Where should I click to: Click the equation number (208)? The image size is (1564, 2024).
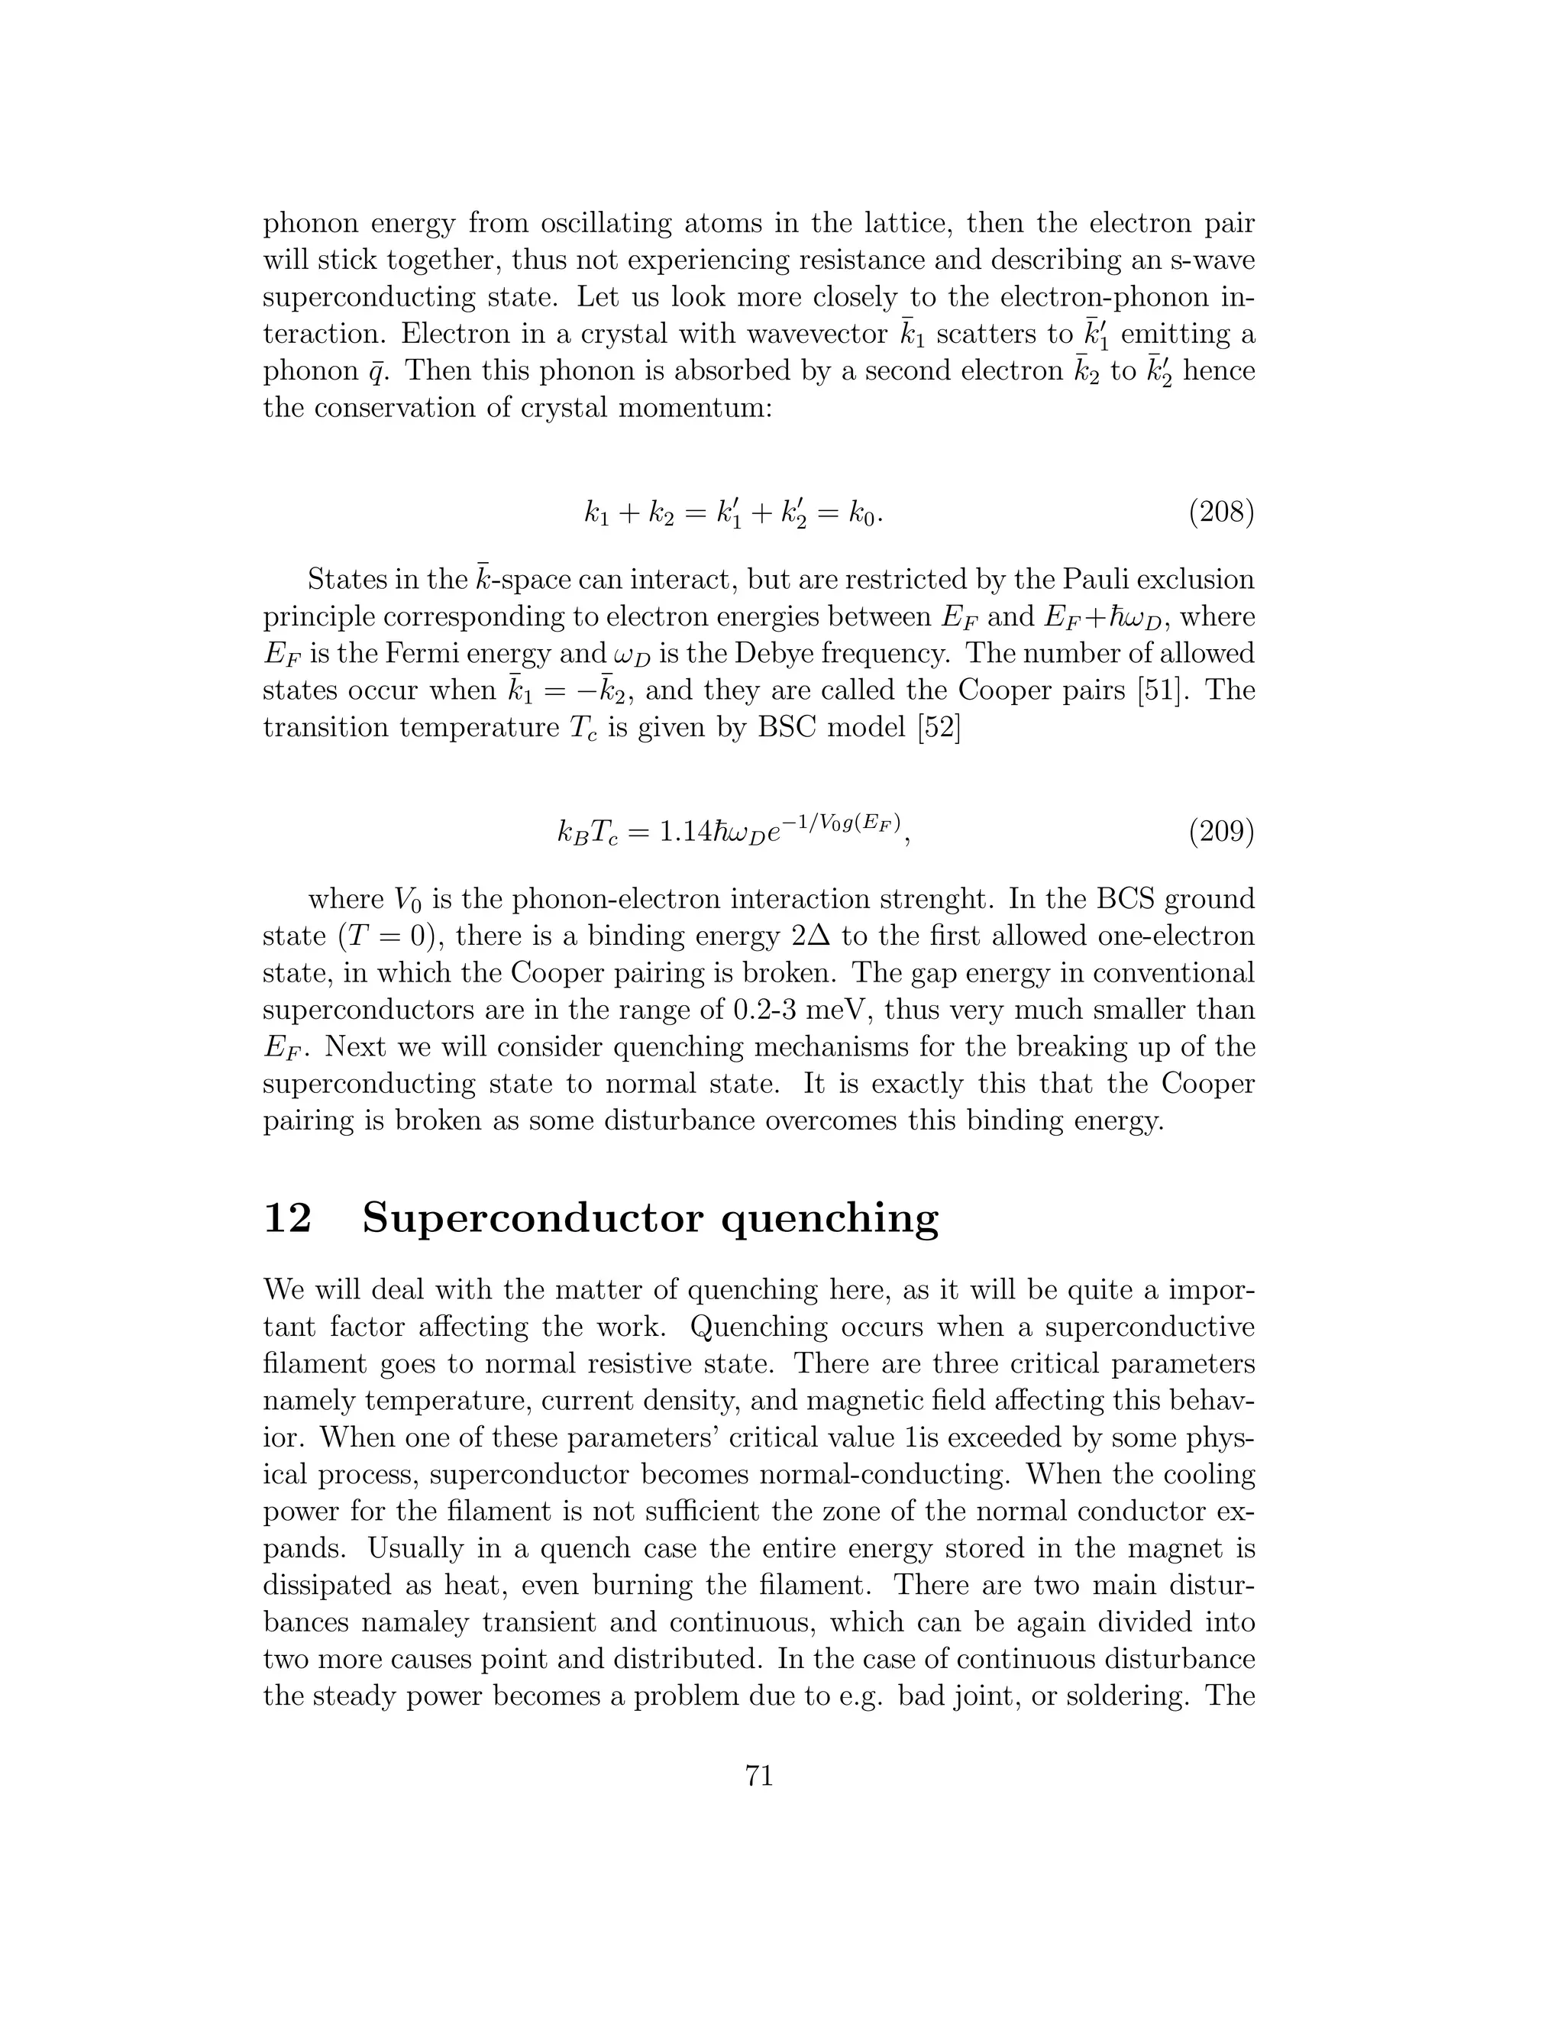[x=1221, y=512]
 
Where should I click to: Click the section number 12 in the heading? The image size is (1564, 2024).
[x=287, y=1217]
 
